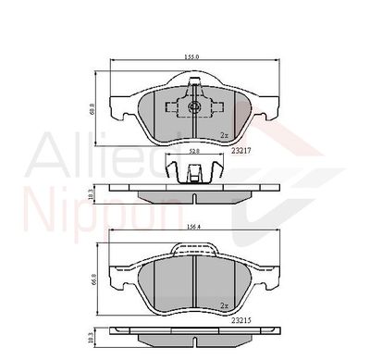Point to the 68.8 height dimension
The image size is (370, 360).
pyautogui.click(x=92, y=108)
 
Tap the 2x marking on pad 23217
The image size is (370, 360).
pyautogui.click(x=224, y=134)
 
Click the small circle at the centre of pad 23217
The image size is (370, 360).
pyautogui.click(x=194, y=107)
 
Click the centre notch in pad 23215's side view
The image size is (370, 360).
pyautogui.click(x=193, y=336)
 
